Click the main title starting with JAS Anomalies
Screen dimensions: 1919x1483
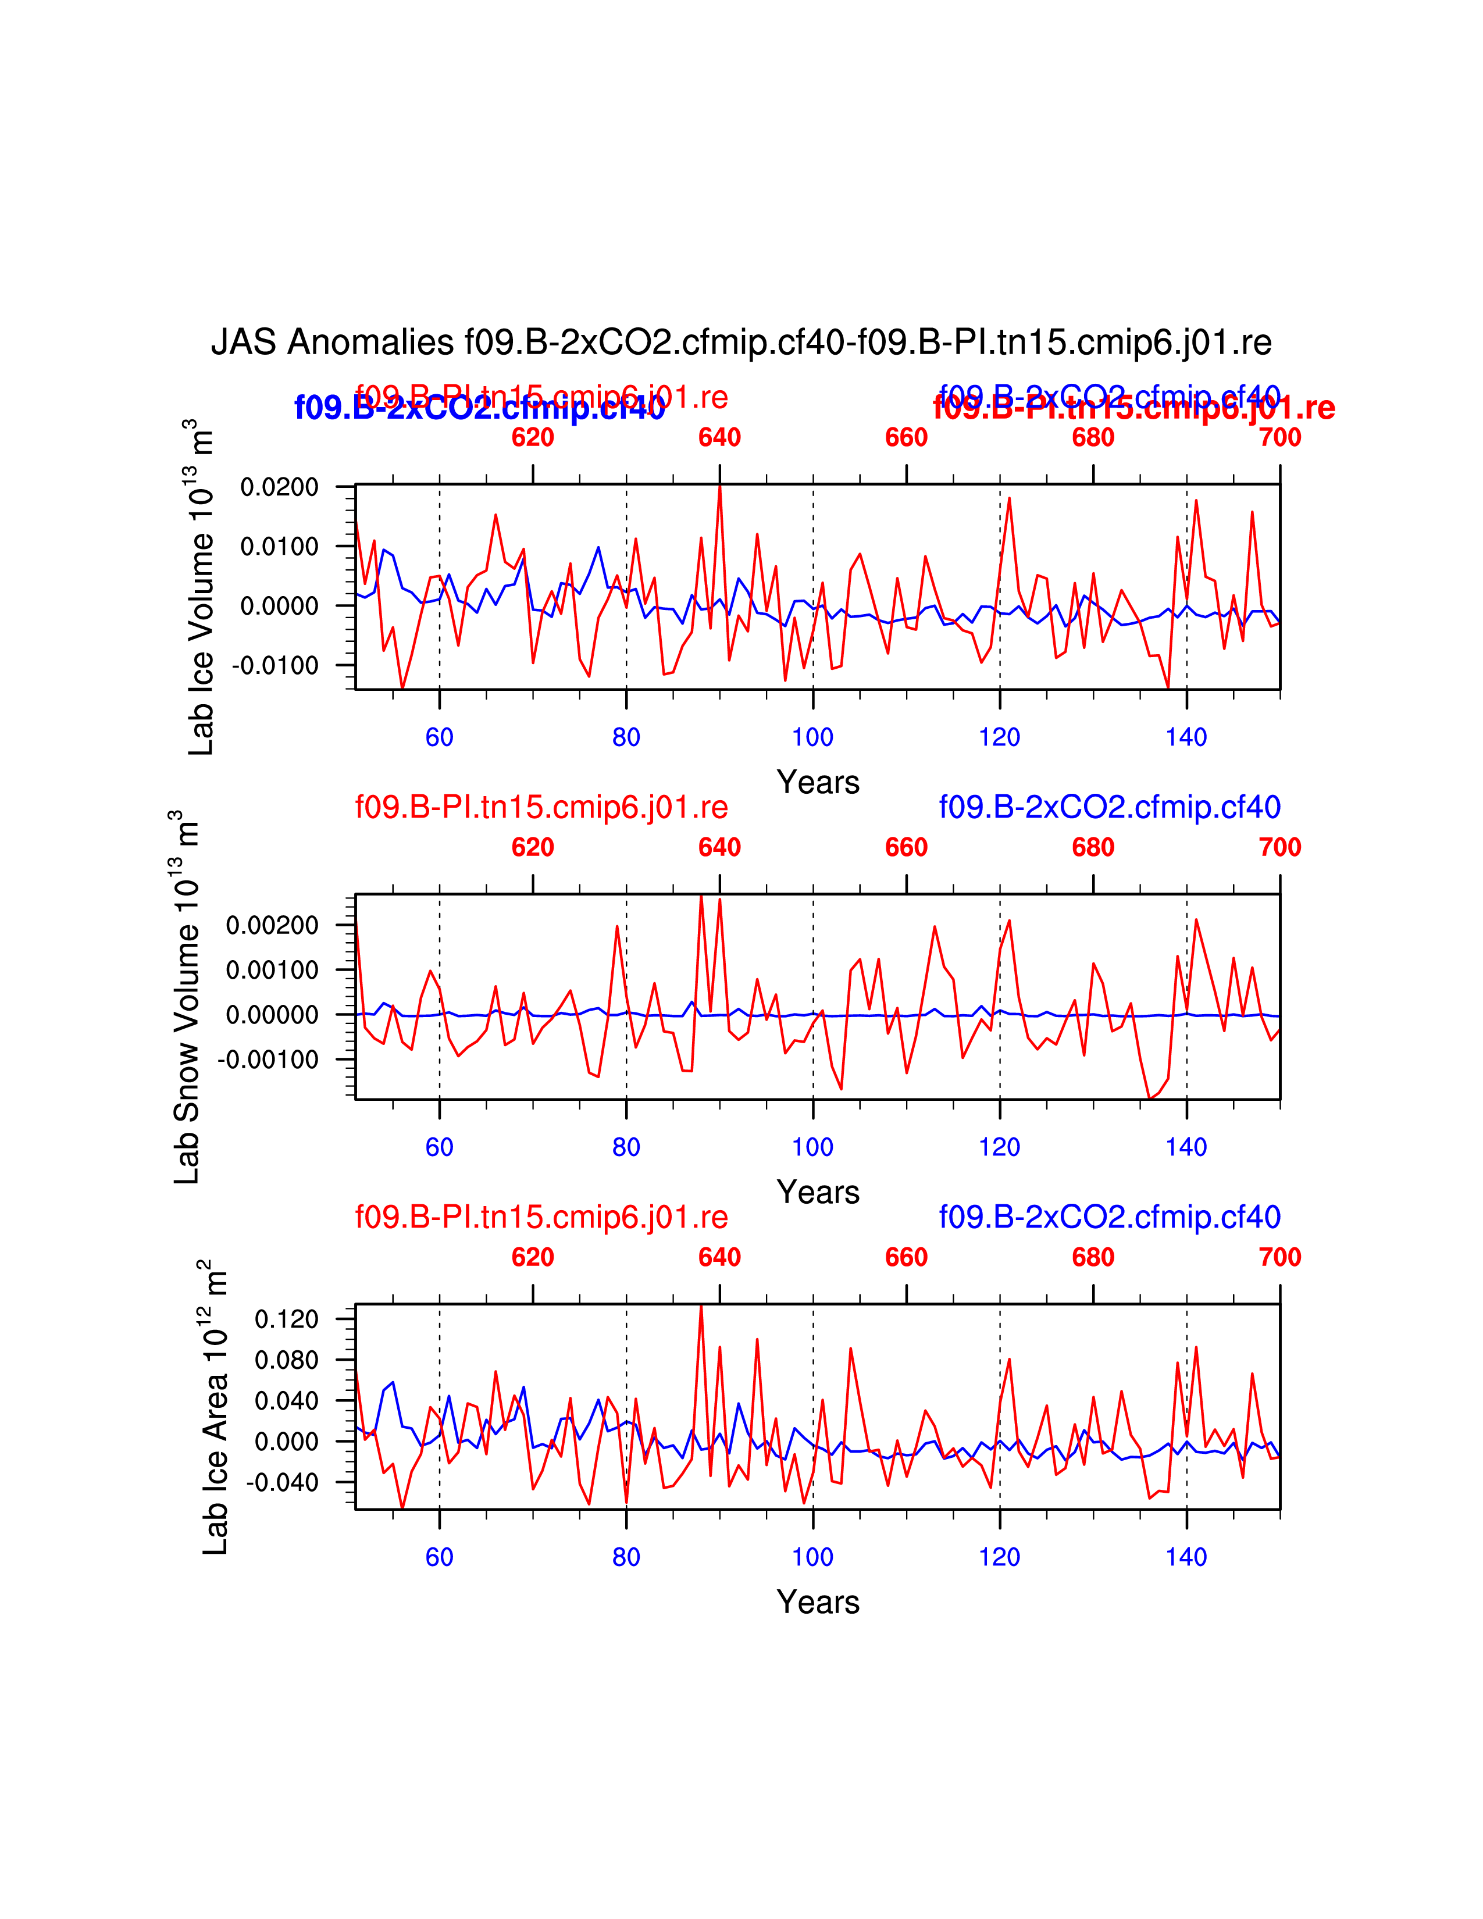tap(740, 342)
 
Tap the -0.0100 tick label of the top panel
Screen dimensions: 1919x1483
tap(275, 665)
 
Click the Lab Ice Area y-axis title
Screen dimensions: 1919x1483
tap(215, 1407)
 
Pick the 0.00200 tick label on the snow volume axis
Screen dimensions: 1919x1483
tap(272, 925)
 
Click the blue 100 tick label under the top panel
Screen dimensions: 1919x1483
tap(812, 737)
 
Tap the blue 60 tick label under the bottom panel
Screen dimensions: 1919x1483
tap(439, 1557)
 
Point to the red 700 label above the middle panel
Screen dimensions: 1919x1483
tap(1279, 847)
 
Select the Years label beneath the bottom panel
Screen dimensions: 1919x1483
tap(818, 1602)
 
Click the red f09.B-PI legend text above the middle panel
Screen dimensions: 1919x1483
tap(541, 807)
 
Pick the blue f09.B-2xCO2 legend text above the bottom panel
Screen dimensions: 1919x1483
tap(1110, 1217)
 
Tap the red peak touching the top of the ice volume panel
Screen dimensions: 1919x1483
tap(719, 488)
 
